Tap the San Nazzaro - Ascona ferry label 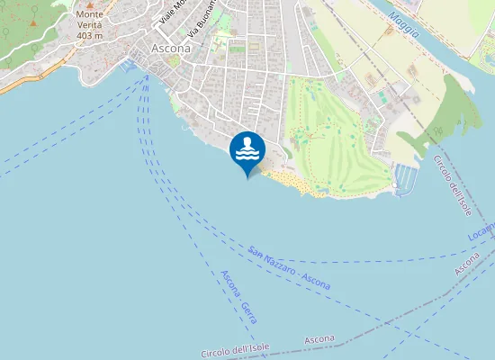tap(289, 268)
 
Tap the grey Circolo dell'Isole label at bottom tap(236, 351)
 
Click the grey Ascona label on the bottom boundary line tap(319, 340)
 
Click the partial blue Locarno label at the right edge tap(481, 233)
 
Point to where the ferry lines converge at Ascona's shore tap(147, 76)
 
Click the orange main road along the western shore tap(36, 76)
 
